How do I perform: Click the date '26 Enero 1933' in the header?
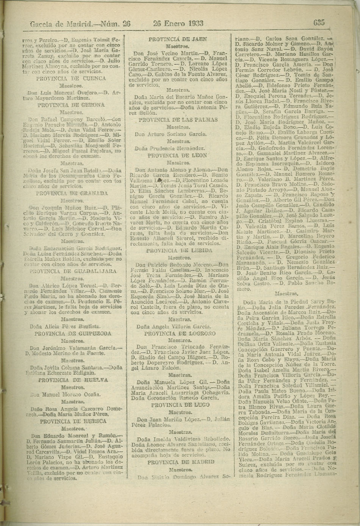(178, 23)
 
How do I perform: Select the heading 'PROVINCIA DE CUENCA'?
(71, 79)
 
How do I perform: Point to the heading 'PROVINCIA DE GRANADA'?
(71, 193)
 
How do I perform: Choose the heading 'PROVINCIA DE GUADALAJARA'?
(73, 271)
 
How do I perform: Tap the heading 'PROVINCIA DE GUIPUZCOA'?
(73, 334)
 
